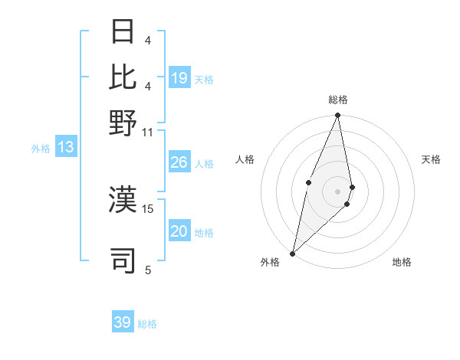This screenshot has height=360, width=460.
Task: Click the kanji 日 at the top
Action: [123, 31]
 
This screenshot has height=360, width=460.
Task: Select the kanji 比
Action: [123, 77]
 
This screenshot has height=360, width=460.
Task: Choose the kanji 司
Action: [123, 260]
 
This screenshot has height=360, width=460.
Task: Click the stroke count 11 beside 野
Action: [148, 132]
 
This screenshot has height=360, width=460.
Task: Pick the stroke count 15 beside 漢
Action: [148, 208]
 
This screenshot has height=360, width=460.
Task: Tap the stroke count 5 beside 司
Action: [148, 269]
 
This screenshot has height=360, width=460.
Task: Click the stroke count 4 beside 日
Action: [148, 40]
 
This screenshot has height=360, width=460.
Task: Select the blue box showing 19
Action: [179, 78]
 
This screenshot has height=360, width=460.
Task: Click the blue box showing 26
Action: [179, 162]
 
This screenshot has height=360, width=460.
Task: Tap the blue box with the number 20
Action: [179, 231]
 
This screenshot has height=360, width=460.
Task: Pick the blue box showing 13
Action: [66, 147]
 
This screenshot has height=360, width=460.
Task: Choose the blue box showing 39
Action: [123, 322]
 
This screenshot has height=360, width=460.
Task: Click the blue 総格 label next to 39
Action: [147, 324]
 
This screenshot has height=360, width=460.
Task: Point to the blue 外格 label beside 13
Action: [40, 149]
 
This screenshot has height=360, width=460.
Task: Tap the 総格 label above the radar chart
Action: [338, 100]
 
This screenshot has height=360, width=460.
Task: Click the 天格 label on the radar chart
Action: [431, 159]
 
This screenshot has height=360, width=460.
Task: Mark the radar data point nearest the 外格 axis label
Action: [292, 254]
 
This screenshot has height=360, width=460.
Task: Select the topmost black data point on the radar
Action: [337, 116]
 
